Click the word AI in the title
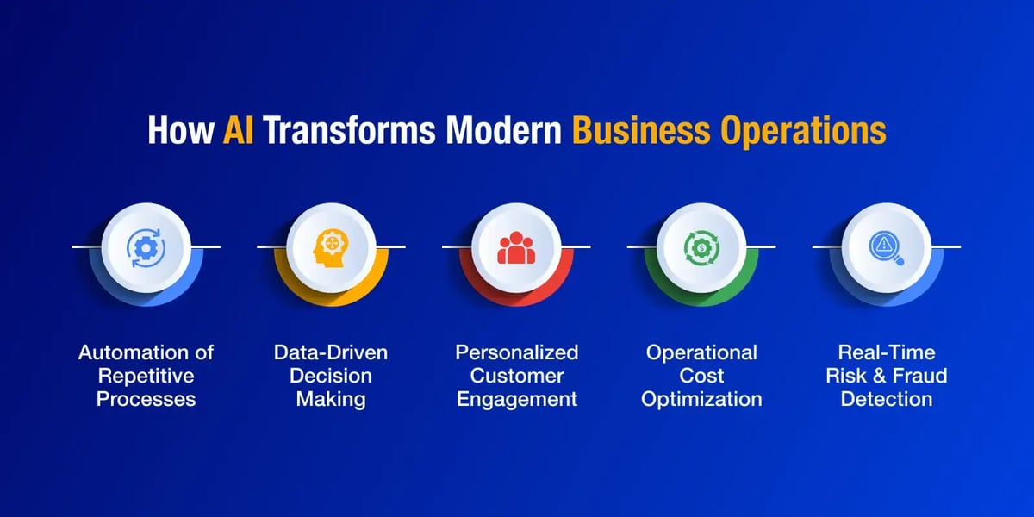[x=238, y=130]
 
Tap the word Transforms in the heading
[x=349, y=130]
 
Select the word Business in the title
[x=641, y=130]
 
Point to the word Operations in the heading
[x=803, y=132]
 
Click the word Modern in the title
[x=503, y=130]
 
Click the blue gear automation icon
[x=146, y=248]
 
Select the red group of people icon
[x=516, y=247]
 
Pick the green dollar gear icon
[x=701, y=248]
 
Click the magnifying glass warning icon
[x=887, y=248]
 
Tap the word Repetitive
[x=146, y=377]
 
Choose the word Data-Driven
[x=331, y=352]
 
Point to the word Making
[x=331, y=400]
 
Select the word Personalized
[x=516, y=352]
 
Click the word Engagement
[x=516, y=400]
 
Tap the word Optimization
[x=701, y=400]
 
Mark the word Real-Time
[x=887, y=352]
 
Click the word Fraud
[x=919, y=376]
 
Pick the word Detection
[x=887, y=399]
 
